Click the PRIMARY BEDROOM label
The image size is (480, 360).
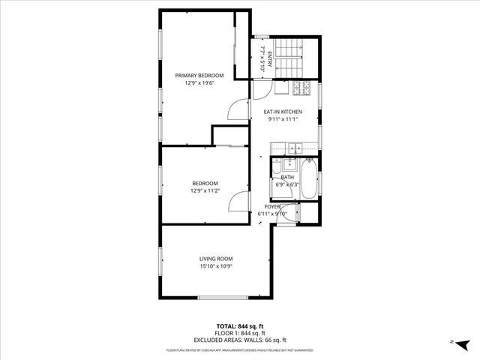199,76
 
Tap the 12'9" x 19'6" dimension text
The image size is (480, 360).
199,83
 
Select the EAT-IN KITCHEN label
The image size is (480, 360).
283,112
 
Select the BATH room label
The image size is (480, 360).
287,177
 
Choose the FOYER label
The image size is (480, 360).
272,206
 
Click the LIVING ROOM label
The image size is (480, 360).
216,259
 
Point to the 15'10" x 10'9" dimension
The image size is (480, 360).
216,266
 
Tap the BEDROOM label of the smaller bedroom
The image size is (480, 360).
205,184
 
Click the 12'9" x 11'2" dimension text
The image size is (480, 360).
205,191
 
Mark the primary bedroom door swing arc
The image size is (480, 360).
238,110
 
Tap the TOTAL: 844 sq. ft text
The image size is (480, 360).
239,326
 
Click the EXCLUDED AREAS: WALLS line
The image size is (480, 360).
239,340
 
